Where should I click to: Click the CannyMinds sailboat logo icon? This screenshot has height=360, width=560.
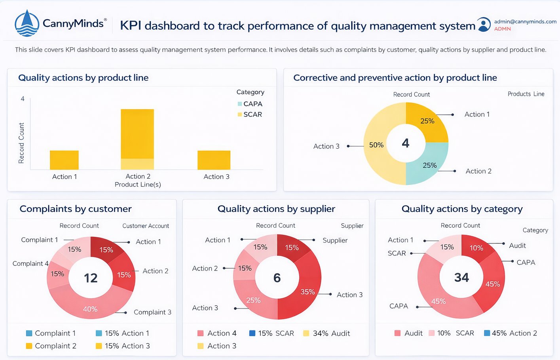coord(27,23)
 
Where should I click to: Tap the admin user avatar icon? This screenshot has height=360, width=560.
coord(483,25)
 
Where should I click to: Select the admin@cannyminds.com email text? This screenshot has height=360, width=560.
coord(525,21)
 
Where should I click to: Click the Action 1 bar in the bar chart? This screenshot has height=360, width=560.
coord(64,160)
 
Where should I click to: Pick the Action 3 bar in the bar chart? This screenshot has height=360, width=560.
coord(214,160)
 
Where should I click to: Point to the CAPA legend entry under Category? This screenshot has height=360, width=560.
coord(250,104)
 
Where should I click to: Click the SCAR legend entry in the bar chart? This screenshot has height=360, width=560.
coord(250,114)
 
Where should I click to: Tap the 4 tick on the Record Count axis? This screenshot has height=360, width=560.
coord(23,99)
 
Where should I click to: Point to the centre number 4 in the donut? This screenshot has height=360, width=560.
coord(406,143)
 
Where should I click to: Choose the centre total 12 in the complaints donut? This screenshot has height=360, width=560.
coord(91,278)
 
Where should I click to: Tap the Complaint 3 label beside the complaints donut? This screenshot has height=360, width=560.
coord(152,312)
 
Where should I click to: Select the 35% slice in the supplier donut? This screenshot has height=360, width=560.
coord(308,291)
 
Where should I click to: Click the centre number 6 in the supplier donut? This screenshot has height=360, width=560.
coord(277,278)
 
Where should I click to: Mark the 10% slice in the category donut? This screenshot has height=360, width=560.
coord(476,248)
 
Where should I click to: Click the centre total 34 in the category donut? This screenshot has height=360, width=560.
coord(461,278)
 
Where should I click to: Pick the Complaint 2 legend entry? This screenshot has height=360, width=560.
coord(51,346)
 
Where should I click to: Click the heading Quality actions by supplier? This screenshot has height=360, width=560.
coord(276,209)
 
